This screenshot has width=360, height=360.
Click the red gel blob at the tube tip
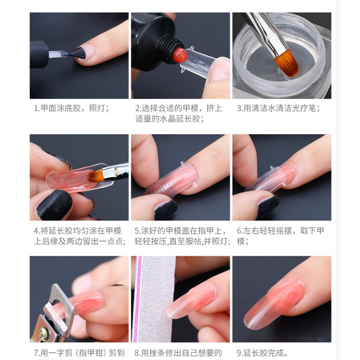coord(180,55)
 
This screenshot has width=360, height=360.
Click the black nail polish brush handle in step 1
coord(39,54)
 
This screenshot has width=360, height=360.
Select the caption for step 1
coord(71,108)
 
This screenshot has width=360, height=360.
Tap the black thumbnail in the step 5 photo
coord(166,209)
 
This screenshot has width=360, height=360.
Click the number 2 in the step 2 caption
coord(138,108)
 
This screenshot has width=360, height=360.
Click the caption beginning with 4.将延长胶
coord(79,236)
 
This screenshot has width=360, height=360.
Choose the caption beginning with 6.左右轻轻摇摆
coord(280,236)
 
